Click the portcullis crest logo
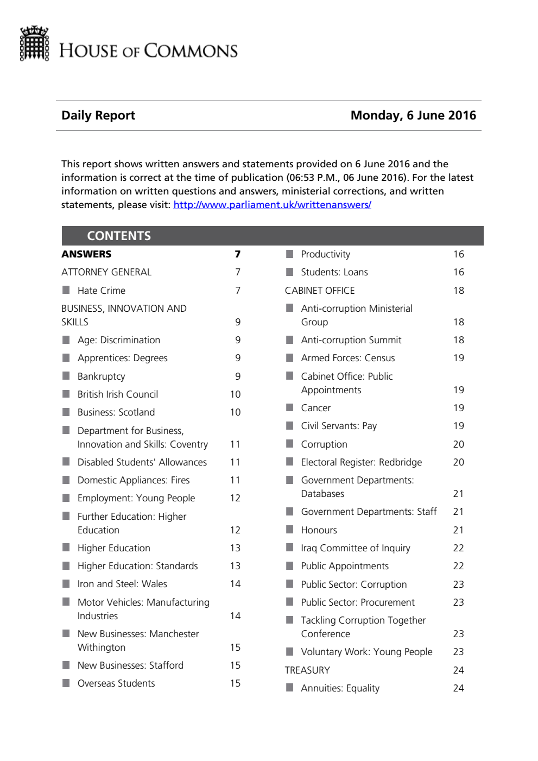click(35, 43)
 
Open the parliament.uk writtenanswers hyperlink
click(272, 205)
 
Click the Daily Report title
click(98, 115)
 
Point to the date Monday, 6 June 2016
click(413, 115)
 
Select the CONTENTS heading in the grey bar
click(119, 236)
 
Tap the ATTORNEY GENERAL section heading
click(106, 272)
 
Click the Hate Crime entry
click(102, 291)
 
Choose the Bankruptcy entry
click(102, 376)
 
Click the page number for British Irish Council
click(235, 394)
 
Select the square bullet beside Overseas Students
click(66, 683)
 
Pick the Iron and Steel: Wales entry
click(122, 584)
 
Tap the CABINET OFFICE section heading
click(320, 291)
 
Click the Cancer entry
click(316, 408)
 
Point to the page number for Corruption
click(458, 444)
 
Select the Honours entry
click(319, 530)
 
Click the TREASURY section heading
click(307, 670)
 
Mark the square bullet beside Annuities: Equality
click(290, 688)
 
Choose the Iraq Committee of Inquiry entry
click(356, 548)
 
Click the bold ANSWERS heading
click(86, 254)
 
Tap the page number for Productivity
click(458, 254)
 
